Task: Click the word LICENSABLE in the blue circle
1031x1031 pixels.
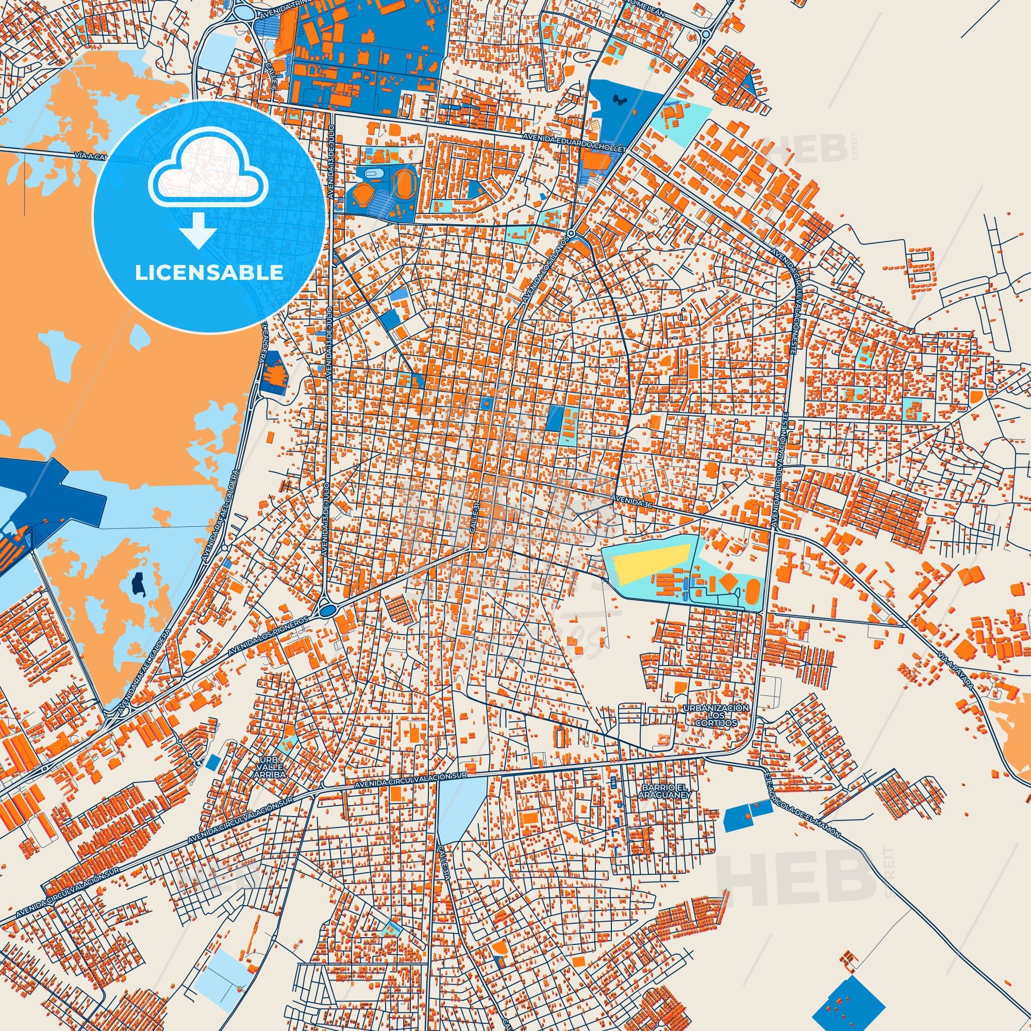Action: tap(209, 273)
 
